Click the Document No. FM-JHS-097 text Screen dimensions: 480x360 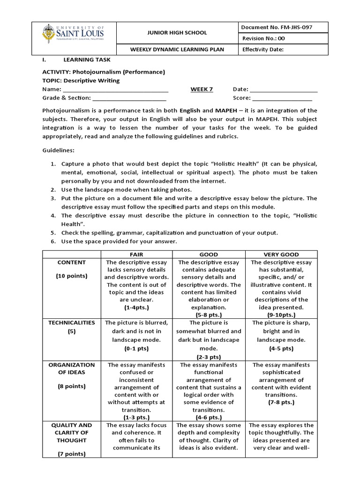coord(277,27)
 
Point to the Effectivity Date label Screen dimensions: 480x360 coord(263,49)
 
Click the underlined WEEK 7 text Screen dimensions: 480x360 coord(202,90)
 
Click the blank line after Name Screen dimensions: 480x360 coord(115,90)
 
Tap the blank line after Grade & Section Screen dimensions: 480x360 coord(129,98)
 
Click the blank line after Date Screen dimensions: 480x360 coord(284,90)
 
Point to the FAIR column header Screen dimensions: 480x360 coord(136,255)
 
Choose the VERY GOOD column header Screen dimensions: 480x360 coord(281,255)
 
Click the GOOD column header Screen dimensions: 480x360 coord(209,255)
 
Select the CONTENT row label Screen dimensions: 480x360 coord(71,262)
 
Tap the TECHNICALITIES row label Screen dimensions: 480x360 coord(71,322)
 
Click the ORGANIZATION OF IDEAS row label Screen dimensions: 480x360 coord(71,368)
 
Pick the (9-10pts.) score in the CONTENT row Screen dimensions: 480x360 coord(281,315)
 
